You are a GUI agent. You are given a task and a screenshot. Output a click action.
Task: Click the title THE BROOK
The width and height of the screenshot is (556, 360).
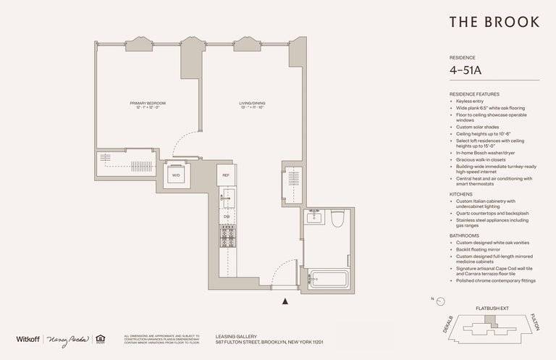point(494,22)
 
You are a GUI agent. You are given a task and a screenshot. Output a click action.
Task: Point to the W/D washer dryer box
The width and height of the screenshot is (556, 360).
point(176,175)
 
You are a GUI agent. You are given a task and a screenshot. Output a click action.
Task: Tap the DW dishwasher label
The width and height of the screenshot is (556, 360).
point(226,216)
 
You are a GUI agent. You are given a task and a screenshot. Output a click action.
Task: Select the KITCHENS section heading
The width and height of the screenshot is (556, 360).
point(463,194)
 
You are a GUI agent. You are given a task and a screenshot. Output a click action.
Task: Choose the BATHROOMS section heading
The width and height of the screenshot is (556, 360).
point(466,235)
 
